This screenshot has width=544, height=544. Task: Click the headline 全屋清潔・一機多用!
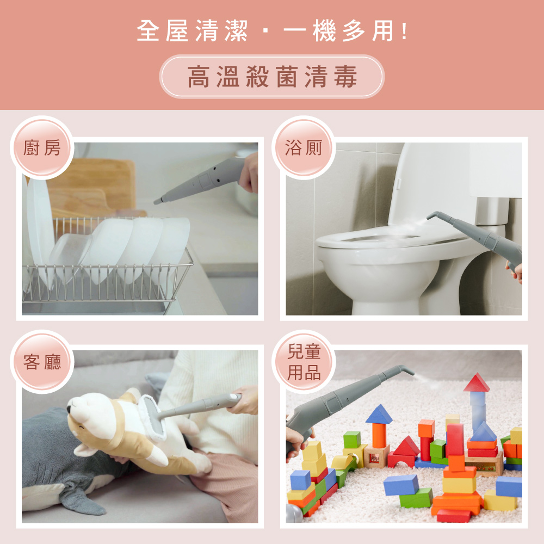(273, 31)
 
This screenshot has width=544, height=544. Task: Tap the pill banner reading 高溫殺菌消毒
(272, 76)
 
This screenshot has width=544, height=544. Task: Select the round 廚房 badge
(42, 147)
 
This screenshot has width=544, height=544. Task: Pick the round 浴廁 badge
(304, 147)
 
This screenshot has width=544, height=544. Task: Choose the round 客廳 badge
(42, 362)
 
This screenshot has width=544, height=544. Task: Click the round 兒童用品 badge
(304, 362)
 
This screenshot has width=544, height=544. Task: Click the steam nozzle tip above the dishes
(157, 201)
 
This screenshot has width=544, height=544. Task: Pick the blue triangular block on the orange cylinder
(379, 414)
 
